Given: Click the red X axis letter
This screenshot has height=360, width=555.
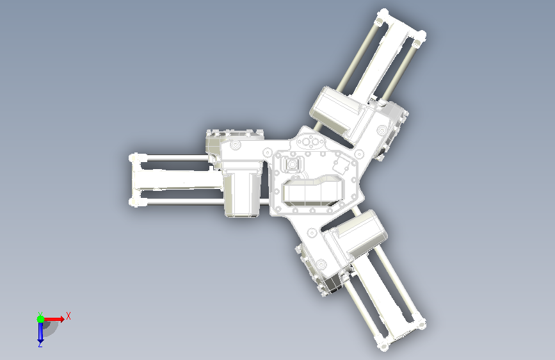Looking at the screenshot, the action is (68, 316).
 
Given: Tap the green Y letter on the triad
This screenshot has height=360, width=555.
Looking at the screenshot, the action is (40, 315).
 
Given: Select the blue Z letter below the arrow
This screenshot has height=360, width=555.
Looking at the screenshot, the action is (40, 345).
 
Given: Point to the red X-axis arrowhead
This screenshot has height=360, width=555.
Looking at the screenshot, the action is (62, 319).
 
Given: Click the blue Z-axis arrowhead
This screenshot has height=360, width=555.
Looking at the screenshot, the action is (40, 340).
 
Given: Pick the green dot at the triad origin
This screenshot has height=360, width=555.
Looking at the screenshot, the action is (40, 319).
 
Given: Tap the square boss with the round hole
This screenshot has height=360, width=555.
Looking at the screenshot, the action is (293, 165).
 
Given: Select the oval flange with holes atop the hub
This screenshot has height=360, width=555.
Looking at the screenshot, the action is (310, 142).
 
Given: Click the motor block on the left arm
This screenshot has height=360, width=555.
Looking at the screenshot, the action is (242, 193).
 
